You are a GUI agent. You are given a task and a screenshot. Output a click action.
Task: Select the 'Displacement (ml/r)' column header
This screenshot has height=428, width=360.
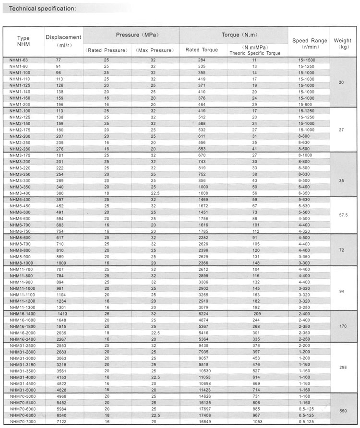tap(64, 41)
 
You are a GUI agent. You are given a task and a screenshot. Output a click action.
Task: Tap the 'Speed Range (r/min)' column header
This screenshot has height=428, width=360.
tap(310, 44)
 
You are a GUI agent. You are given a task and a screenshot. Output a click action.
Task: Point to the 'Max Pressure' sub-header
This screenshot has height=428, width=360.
tap(153, 50)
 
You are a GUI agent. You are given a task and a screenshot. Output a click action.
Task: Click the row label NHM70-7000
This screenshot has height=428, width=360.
tap(23, 421)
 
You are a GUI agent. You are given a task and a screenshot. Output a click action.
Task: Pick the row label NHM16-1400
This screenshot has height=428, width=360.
tap(23, 313)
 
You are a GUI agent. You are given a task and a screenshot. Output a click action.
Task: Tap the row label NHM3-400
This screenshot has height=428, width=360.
tap(20, 193)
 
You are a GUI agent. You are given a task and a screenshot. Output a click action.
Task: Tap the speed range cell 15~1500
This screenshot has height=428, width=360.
tap(307, 59)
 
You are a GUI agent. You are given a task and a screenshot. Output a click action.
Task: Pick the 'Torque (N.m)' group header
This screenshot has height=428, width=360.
tap(233, 35)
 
